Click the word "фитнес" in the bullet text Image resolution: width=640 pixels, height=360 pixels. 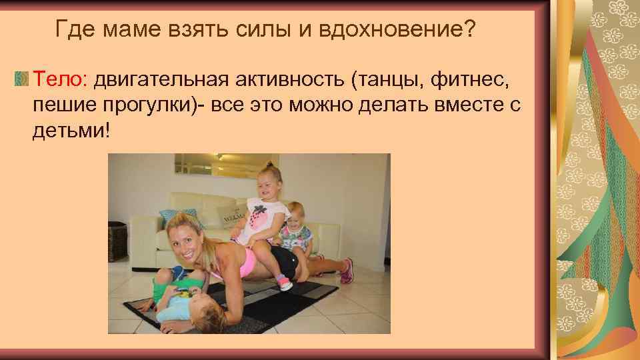point(480,81)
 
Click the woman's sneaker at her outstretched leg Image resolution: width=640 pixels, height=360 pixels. point(346,271)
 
